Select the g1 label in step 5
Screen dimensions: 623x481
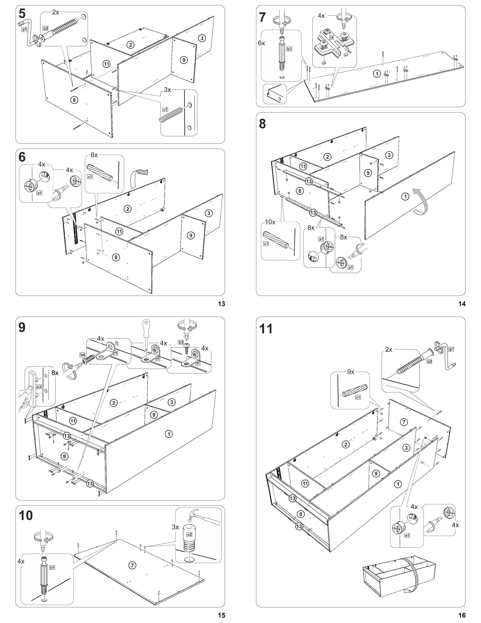tap(24, 29)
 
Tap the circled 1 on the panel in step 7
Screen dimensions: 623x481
tap(377, 74)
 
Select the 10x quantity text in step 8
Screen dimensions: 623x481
tap(270, 222)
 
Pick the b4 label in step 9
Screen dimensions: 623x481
tap(82, 355)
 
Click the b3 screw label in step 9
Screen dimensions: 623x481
tap(181, 342)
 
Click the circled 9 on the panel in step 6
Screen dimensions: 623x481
tap(191, 235)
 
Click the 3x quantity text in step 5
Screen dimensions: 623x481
tap(167, 89)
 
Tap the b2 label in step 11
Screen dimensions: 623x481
tap(429, 361)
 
